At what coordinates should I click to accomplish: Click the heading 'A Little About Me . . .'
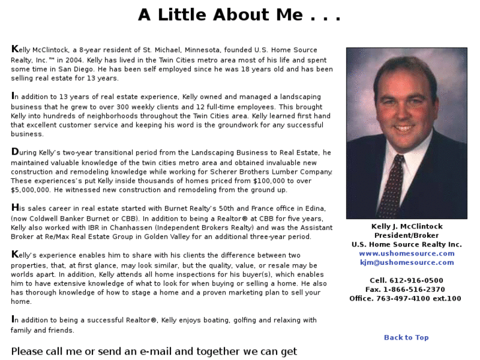pyautogui.click(x=239, y=15)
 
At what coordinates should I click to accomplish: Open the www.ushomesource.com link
pyautogui.click(x=407, y=254)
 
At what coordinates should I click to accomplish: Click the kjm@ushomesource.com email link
pyautogui.click(x=407, y=262)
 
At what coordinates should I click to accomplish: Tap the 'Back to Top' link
pyautogui.click(x=406, y=338)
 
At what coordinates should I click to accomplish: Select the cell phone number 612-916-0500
pyautogui.click(x=415, y=281)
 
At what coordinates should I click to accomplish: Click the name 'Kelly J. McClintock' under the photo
pyautogui.click(x=407, y=227)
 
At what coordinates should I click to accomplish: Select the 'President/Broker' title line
pyautogui.click(x=407, y=236)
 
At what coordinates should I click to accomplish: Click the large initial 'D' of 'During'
pyautogui.click(x=15, y=152)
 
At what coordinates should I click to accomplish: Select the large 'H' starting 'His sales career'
pyautogui.click(x=15, y=207)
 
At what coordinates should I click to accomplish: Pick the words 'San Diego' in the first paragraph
pyautogui.click(x=75, y=69)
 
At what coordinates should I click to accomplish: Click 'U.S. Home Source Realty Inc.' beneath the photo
pyautogui.click(x=407, y=244)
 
